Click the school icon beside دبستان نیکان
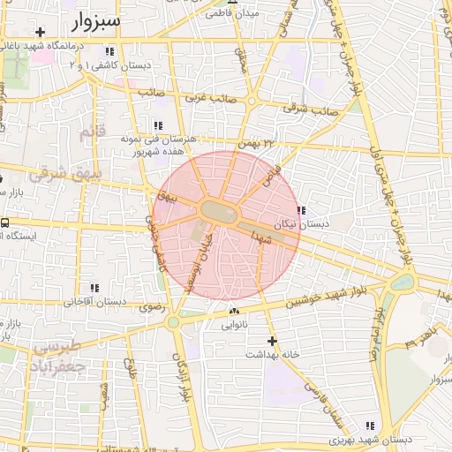(302, 211)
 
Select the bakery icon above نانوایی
(233, 312)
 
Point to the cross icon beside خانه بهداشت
(272, 340)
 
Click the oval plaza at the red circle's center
(216, 211)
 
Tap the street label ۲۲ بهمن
(256, 143)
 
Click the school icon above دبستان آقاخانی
(94, 288)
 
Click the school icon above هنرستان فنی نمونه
(159, 125)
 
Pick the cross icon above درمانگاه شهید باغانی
(40, 32)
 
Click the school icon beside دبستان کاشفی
(110, 51)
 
